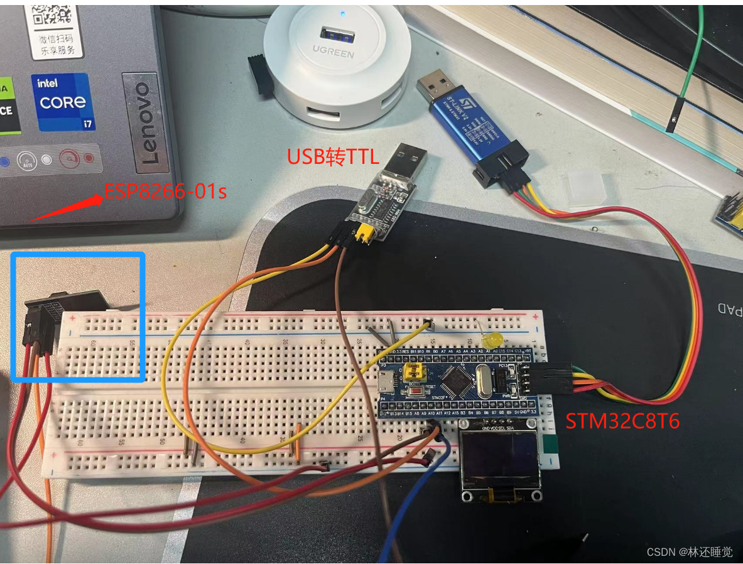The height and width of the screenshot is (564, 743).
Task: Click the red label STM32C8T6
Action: pyautogui.click(x=622, y=420)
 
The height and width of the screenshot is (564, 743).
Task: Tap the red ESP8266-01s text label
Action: pyautogui.click(x=165, y=190)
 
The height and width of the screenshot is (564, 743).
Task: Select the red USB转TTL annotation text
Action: pyautogui.click(x=333, y=156)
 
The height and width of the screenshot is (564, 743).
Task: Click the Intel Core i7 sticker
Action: pyautogui.click(x=63, y=102)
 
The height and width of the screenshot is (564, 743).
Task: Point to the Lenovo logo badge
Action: pyautogui.click(x=145, y=123)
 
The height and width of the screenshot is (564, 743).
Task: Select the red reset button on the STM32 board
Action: pyautogui.click(x=415, y=393)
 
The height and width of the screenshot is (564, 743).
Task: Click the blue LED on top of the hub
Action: pyautogui.click(x=342, y=13)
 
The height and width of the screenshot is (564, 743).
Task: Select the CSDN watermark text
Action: pyautogui.click(x=689, y=551)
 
